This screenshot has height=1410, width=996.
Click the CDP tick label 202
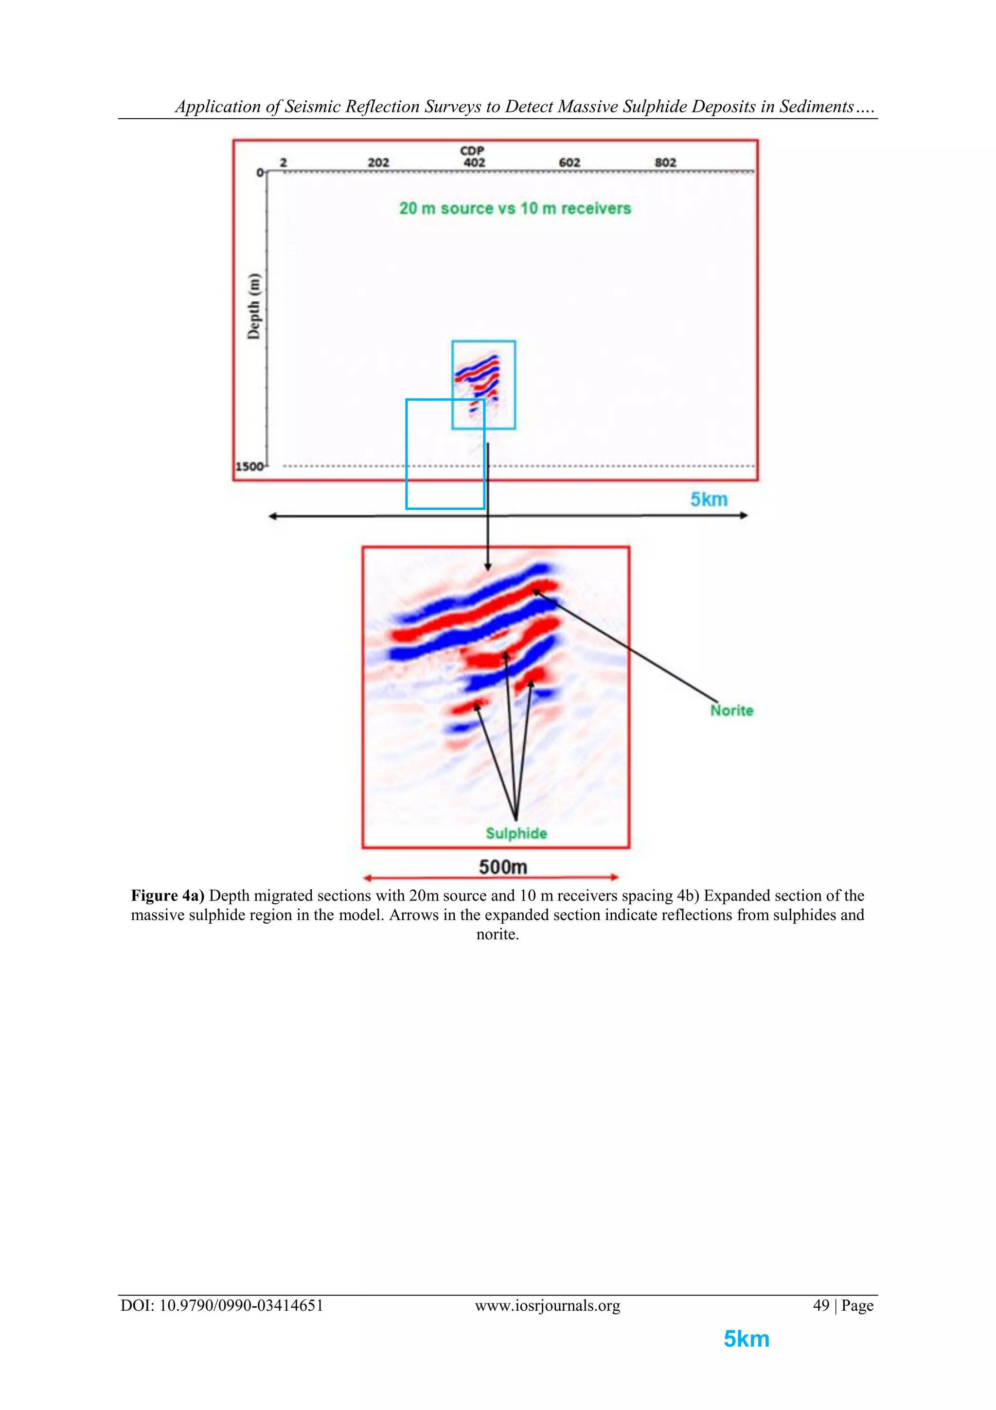tap(378, 163)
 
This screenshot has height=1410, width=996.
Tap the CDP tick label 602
tap(569, 163)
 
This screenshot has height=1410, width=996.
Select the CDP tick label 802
tap(665, 163)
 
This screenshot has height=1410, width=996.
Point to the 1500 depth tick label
tap(249, 467)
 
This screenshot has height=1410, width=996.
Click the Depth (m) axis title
tap(253, 306)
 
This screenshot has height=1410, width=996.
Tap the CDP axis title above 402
tap(472, 150)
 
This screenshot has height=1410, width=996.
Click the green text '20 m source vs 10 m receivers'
tap(515, 209)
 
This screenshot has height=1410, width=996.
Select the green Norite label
tap(731, 711)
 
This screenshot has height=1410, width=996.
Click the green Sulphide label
tap(516, 833)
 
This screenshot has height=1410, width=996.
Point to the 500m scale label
tap(502, 866)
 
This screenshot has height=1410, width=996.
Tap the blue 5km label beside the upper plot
tap(709, 499)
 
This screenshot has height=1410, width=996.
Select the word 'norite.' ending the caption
tap(498, 934)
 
